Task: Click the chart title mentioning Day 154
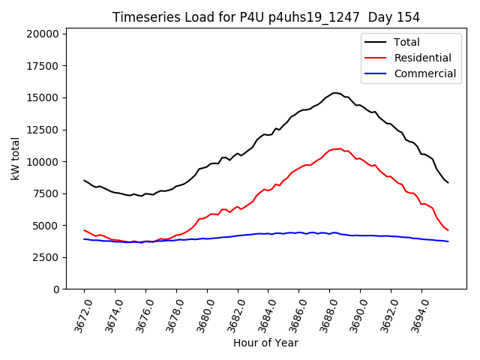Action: pos(266,17)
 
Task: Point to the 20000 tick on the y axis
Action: pos(43,34)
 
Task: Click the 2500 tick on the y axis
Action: pos(46,257)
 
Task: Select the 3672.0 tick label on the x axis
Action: pos(79,312)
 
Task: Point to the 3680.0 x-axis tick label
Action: pos(202,312)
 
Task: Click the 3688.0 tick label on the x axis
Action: pos(324,312)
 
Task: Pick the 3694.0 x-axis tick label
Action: pos(416,312)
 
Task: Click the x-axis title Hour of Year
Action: pos(265,343)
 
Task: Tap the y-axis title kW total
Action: pos(16,158)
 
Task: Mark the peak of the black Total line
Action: pos(335,93)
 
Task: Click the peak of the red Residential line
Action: pos(340,148)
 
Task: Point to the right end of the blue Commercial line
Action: pos(448,241)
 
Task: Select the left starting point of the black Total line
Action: pos(84,180)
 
